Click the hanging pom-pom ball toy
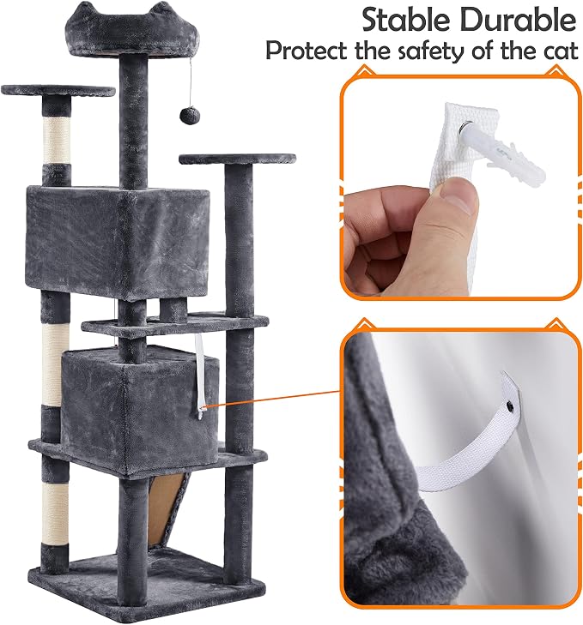coord(188,115)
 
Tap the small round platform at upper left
coord(58,91)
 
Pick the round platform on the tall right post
coord(238,159)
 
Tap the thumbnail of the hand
coord(458,198)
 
